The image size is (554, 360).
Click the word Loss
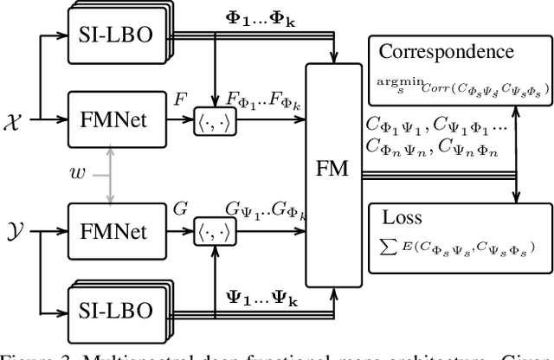click(x=407, y=215)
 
